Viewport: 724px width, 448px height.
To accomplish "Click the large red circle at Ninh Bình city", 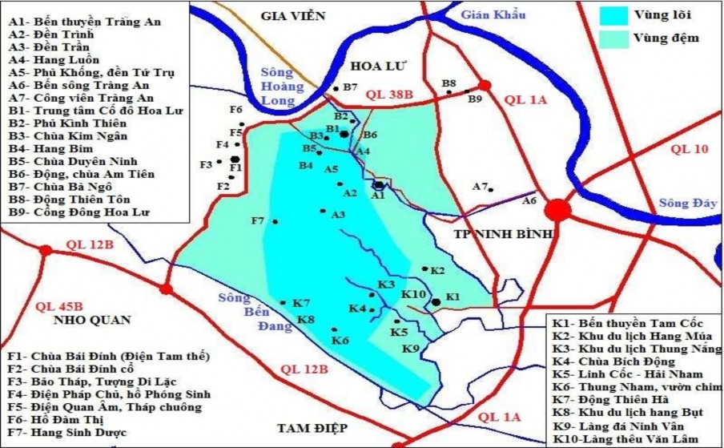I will [558, 210].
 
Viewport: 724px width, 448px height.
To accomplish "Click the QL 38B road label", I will [389, 95].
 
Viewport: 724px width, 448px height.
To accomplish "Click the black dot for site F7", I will [275, 222].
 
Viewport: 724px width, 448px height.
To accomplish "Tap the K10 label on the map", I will [413, 295].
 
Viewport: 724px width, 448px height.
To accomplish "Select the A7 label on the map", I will [480, 186].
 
